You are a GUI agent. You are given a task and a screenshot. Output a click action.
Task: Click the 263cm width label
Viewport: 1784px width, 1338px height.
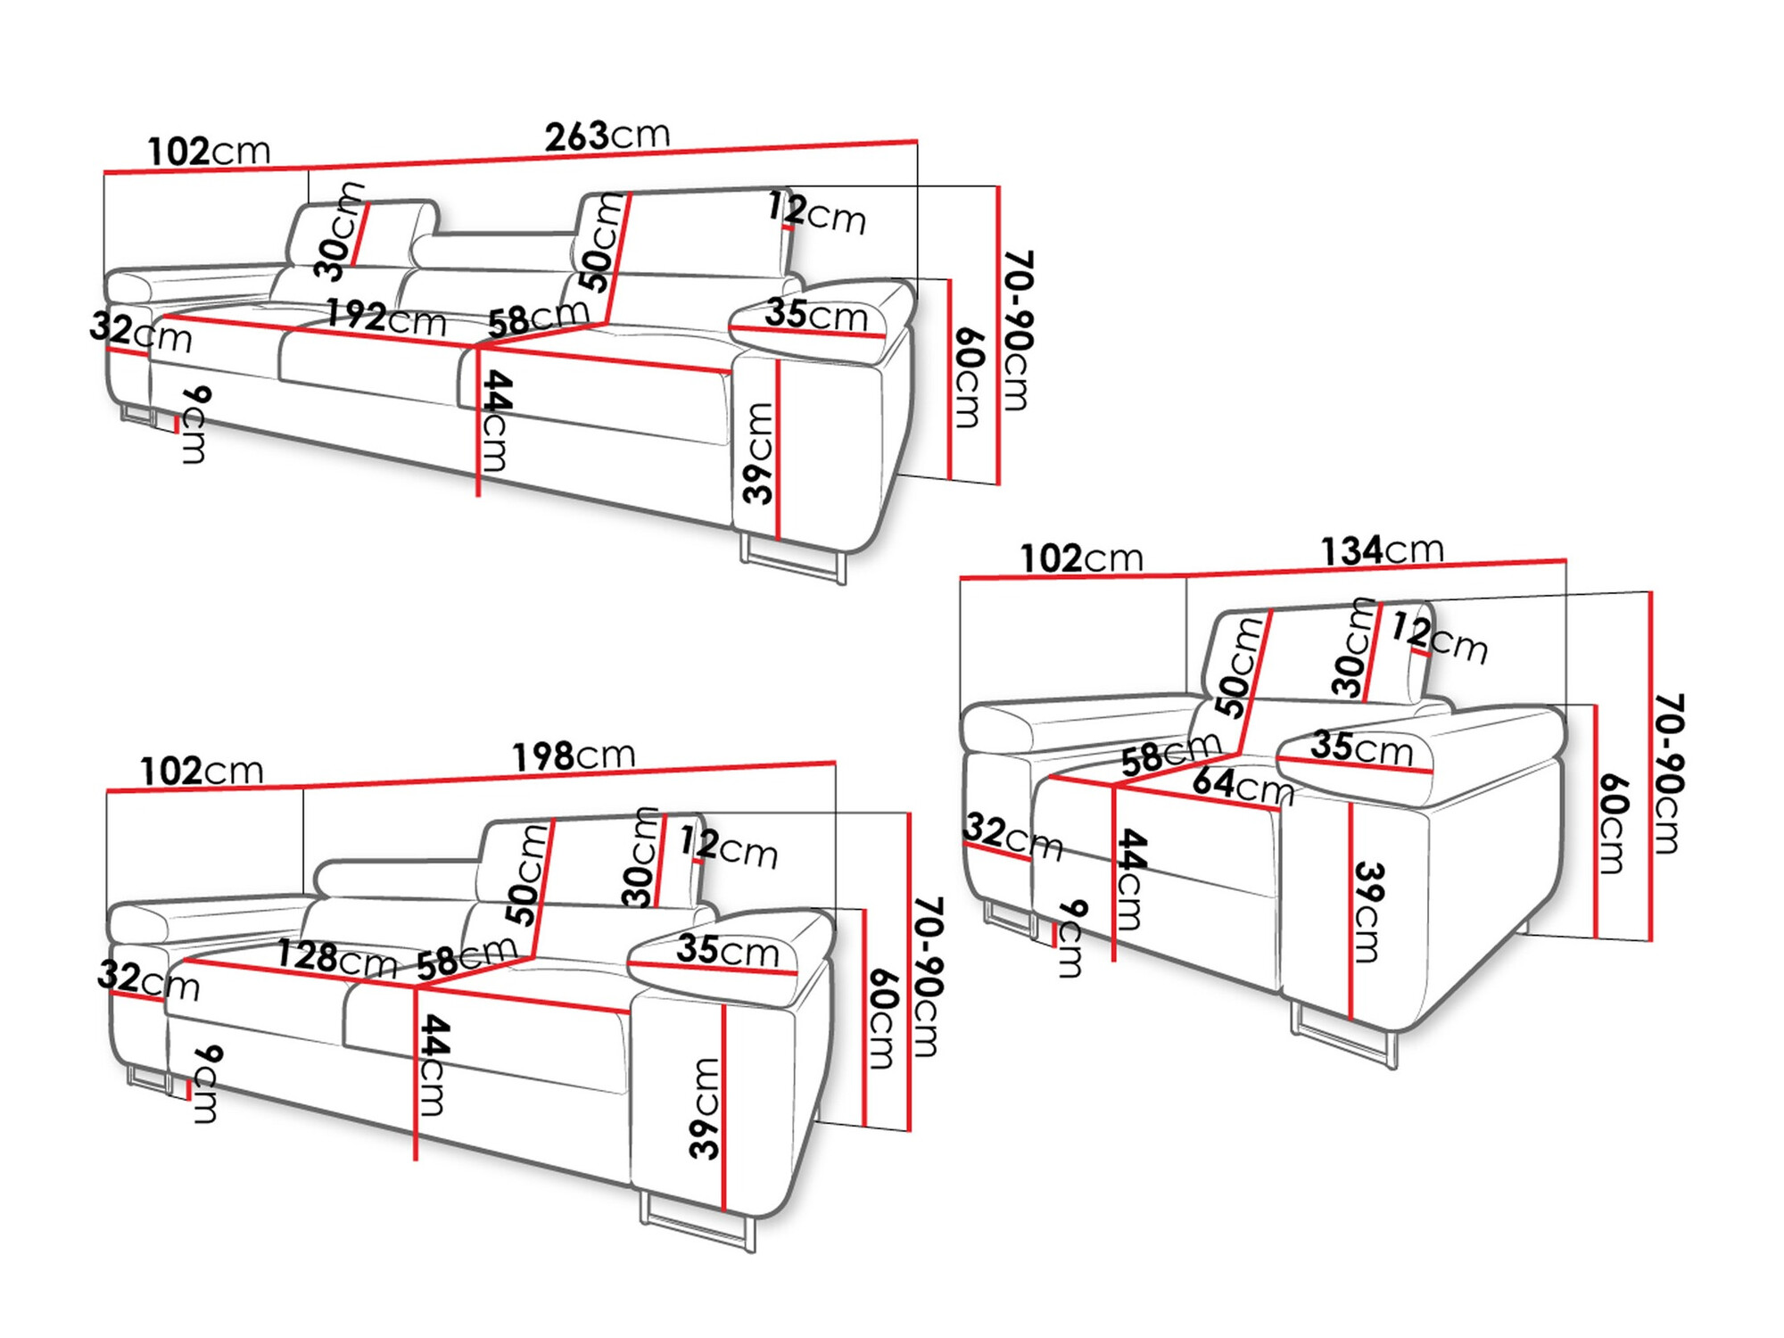607,136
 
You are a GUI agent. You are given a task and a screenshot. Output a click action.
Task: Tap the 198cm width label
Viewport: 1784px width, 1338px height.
573,756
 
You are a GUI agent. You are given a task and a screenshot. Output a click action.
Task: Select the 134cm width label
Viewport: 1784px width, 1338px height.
1381,550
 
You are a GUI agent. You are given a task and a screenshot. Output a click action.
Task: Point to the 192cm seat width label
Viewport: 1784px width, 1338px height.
385,318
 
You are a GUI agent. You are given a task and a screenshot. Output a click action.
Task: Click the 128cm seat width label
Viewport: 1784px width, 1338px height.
336,958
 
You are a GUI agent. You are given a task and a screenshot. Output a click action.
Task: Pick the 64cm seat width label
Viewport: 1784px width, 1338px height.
1243,785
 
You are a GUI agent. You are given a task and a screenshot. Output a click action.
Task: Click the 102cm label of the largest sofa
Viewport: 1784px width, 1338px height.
208,151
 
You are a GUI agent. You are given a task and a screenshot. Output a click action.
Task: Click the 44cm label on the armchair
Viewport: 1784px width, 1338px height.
1130,879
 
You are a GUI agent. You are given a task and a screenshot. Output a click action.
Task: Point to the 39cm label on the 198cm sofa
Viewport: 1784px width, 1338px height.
705,1108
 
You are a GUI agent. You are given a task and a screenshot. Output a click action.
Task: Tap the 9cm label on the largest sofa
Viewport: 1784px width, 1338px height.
195,425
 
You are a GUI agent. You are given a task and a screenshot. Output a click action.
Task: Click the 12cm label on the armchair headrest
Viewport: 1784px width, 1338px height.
1440,639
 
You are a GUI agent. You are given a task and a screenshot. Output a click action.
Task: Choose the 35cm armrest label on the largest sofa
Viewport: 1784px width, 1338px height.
815,315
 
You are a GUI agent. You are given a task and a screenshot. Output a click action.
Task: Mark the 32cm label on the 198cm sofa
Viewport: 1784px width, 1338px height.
148,979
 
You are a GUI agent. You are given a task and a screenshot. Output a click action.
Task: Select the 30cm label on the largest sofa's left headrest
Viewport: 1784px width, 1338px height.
340,231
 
